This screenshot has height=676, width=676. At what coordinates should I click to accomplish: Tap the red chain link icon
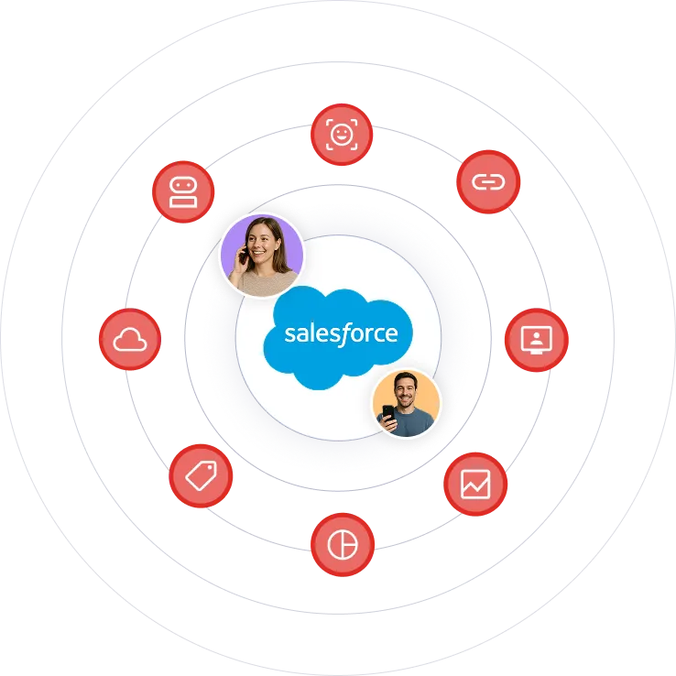point(488,181)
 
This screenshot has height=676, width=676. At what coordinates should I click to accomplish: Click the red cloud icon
point(129,340)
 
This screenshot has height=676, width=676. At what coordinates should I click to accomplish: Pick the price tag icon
point(202,475)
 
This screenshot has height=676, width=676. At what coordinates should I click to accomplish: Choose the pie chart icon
point(343,544)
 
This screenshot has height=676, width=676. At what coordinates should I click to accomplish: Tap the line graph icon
point(475,484)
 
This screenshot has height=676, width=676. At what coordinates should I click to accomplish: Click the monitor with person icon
point(536,339)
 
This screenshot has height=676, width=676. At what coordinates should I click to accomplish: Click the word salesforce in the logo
point(341,333)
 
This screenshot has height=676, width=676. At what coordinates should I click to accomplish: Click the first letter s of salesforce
point(289,334)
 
